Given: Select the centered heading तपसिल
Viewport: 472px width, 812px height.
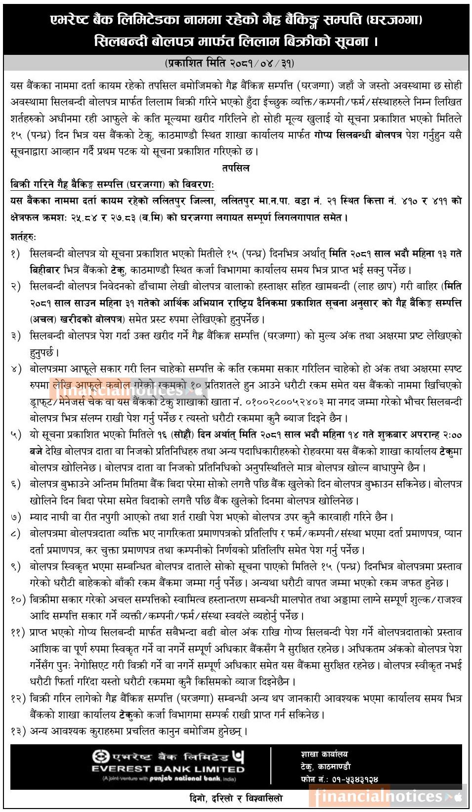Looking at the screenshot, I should coord(236,168).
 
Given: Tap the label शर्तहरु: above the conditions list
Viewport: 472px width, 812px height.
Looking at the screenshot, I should coord(23,237).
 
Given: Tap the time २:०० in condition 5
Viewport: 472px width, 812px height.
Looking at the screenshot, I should coord(452,435).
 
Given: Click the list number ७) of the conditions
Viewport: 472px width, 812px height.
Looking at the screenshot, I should coord(16,517).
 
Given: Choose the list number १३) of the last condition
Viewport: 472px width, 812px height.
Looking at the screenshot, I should coord(18,731).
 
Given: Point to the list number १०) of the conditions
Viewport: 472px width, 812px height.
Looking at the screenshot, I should coord(18,600).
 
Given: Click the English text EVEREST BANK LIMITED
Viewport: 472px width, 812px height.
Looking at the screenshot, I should coord(168,769).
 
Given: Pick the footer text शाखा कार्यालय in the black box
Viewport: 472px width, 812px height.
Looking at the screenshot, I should coord(324,754).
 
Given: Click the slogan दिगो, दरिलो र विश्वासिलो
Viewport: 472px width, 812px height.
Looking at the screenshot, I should coord(236,798).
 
